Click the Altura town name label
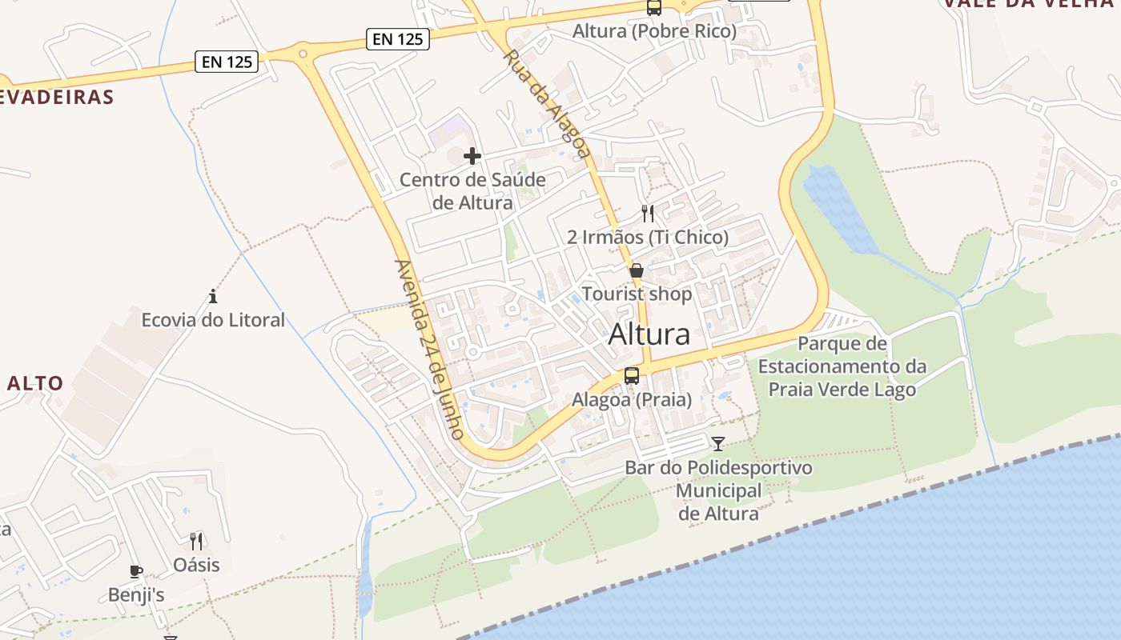[649, 334]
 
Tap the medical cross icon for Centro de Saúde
[472, 155]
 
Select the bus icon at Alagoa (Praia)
[632, 375]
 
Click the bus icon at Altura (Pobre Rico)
[654, 8]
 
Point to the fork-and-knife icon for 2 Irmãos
[648, 214]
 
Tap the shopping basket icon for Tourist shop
[637, 270]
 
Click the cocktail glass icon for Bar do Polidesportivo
[718, 443]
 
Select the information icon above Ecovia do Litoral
[213, 297]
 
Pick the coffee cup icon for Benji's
[136, 571]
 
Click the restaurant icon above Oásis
[196, 542]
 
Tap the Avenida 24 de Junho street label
[430, 349]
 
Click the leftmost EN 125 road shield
[227, 62]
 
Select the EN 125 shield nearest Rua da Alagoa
[398, 38]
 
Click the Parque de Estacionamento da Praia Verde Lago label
[842, 366]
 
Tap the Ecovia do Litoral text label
[213, 320]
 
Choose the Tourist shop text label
[637, 294]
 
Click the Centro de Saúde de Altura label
[472, 191]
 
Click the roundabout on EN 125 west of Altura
[303, 54]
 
